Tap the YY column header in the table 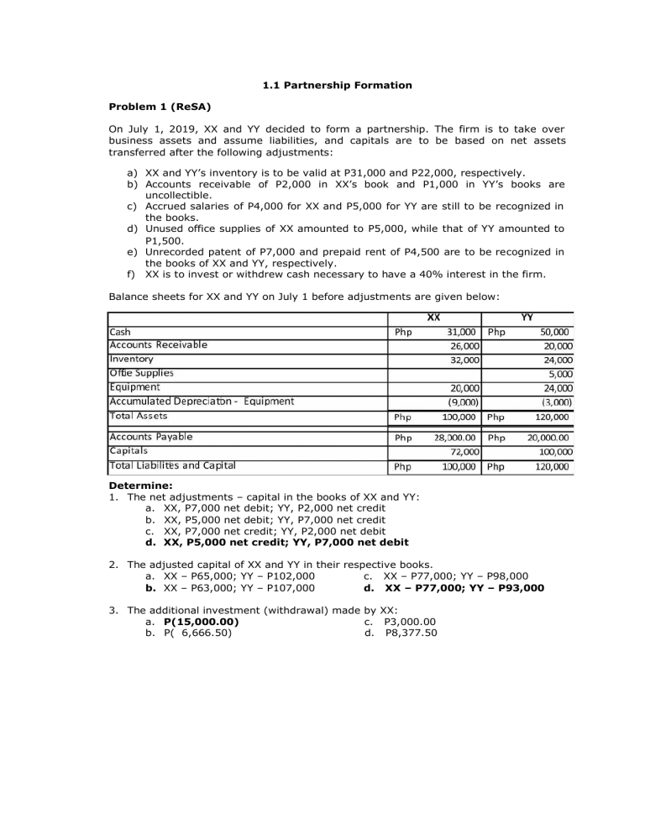click(527, 318)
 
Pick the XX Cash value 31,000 click(462, 332)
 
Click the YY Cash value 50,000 click(554, 332)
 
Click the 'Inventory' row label click(131, 359)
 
